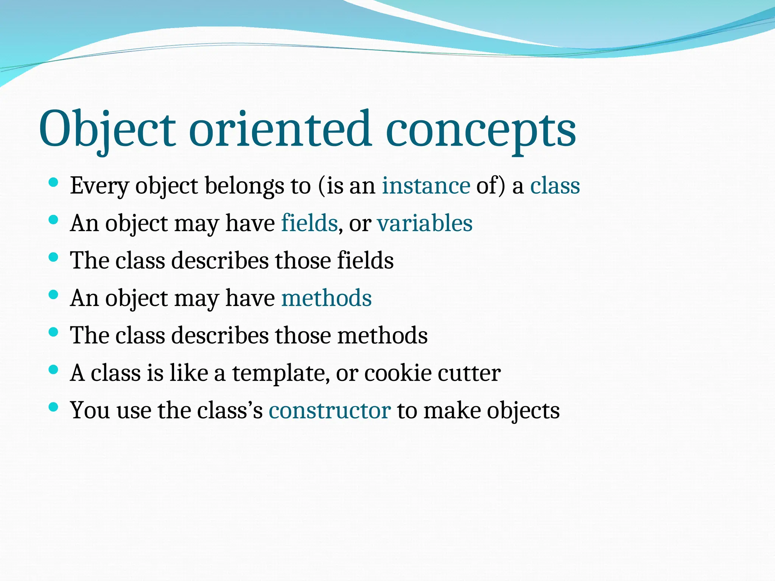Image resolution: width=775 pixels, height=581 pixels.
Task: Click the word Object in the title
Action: (x=107, y=129)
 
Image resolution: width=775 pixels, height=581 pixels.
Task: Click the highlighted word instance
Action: (x=426, y=186)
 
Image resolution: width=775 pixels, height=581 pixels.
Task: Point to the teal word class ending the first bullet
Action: (x=555, y=186)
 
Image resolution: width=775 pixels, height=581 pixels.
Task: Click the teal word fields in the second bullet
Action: (x=309, y=223)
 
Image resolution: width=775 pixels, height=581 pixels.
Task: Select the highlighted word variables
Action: (x=425, y=223)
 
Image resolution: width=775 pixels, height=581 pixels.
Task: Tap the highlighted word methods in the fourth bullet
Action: (x=326, y=298)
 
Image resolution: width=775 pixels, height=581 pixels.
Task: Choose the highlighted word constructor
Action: (x=329, y=410)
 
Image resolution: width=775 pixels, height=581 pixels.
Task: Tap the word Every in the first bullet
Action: (x=100, y=186)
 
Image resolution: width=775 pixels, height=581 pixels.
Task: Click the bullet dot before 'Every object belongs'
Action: (x=53, y=182)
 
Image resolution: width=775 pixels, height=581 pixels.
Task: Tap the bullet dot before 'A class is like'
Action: (x=53, y=370)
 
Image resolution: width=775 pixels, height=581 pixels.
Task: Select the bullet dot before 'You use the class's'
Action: (x=53, y=407)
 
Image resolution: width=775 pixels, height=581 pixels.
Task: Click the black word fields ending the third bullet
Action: (x=365, y=261)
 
